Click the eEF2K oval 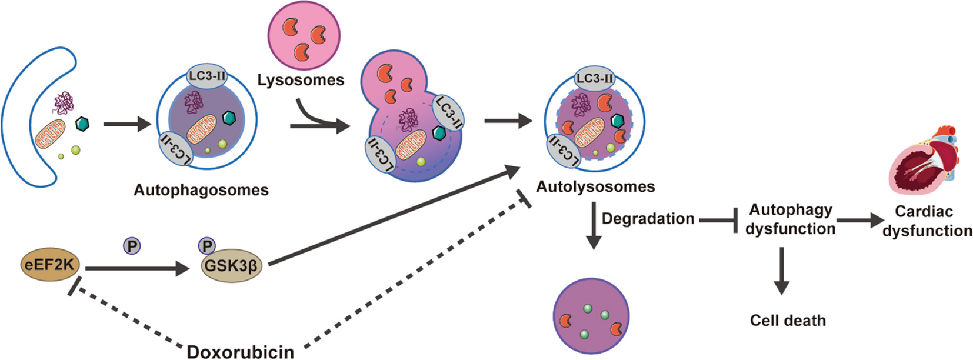click(49, 266)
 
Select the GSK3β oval click(231, 266)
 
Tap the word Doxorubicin click(240, 351)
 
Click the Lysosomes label click(301, 80)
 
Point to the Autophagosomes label click(201, 190)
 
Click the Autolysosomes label click(595, 186)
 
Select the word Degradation click(648, 219)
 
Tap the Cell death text click(788, 321)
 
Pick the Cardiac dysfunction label click(926, 221)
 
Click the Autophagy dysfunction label click(790, 219)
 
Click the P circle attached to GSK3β click(207, 246)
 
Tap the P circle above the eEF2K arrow click(132, 246)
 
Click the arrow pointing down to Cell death click(781, 271)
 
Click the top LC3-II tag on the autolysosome click(594, 78)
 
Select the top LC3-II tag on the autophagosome click(206, 76)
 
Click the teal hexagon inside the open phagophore click(83, 124)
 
